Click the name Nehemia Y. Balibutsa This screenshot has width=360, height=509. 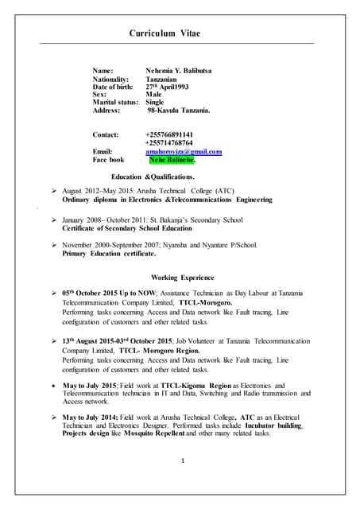click(x=179, y=71)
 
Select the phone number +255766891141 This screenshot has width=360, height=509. click(x=169, y=134)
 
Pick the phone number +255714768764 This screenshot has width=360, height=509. click(x=169, y=142)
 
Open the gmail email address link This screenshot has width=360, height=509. click(x=184, y=151)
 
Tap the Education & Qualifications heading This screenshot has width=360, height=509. click(x=153, y=177)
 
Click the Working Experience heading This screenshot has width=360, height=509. click(x=182, y=277)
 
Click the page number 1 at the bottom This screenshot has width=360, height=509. click(x=182, y=460)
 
